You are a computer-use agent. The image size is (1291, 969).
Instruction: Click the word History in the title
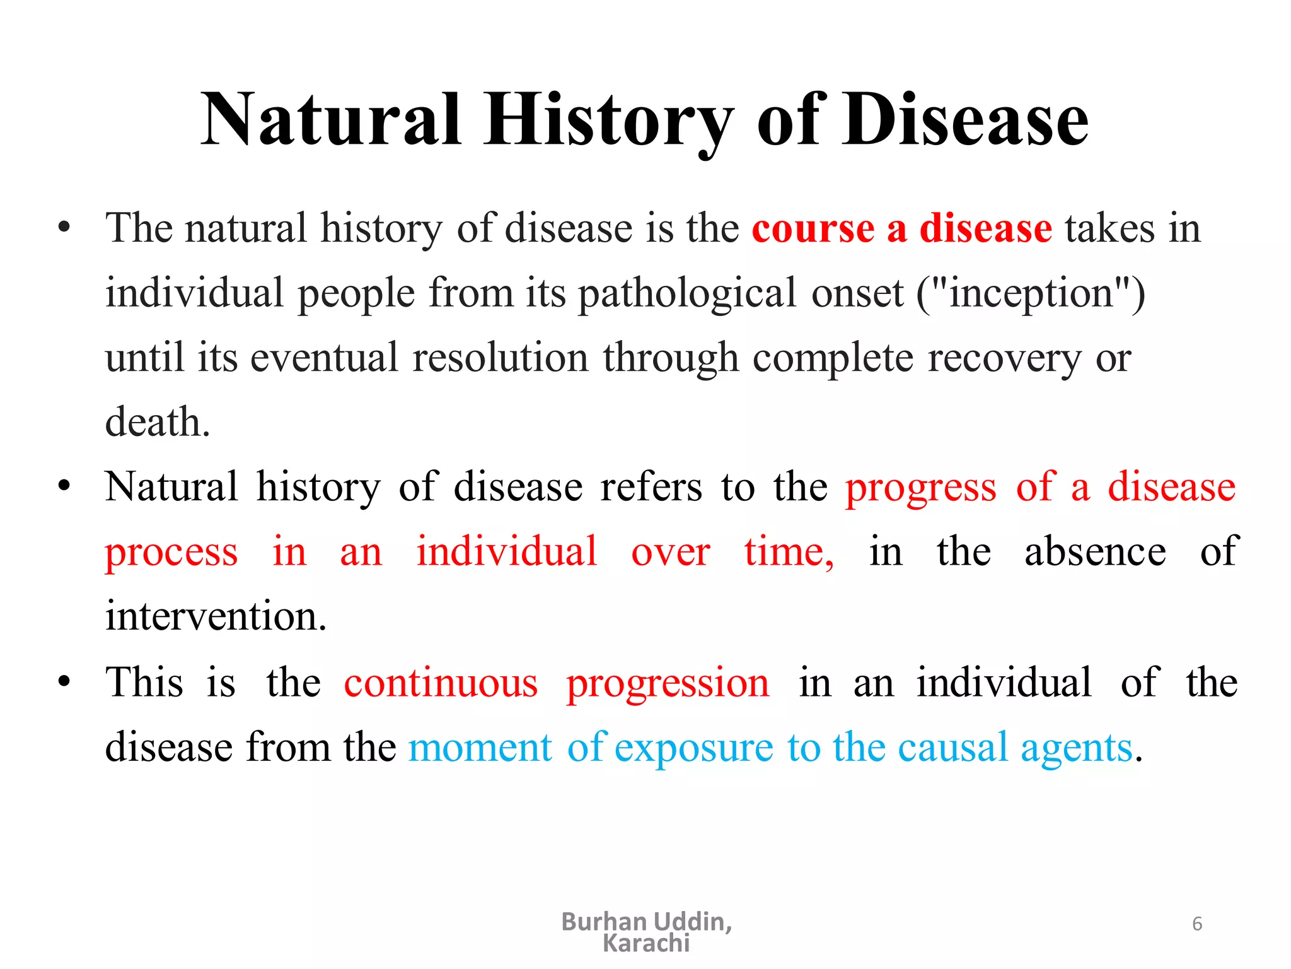tap(608, 120)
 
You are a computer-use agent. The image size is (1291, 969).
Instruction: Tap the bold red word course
tap(813, 228)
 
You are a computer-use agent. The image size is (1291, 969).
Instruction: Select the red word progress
tap(920, 488)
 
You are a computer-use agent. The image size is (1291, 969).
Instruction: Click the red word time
tap(788, 552)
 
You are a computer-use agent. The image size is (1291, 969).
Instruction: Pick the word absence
tap(1095, 552)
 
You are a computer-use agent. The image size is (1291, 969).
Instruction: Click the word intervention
tap(215, 616)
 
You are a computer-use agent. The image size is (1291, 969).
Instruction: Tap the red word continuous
tap(441, 683)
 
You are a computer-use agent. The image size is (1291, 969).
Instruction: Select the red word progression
tap(668, 684)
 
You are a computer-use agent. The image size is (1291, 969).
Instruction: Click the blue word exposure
tap(693, 749)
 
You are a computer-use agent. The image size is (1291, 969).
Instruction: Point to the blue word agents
tap(1076, 749)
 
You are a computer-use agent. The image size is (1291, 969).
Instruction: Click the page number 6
tap(1197, 924)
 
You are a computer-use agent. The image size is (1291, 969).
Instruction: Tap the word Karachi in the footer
tap(646, 944)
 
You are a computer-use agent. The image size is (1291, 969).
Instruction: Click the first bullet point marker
tap(64, 228)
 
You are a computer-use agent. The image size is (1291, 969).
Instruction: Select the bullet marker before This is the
tap(64, 682)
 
